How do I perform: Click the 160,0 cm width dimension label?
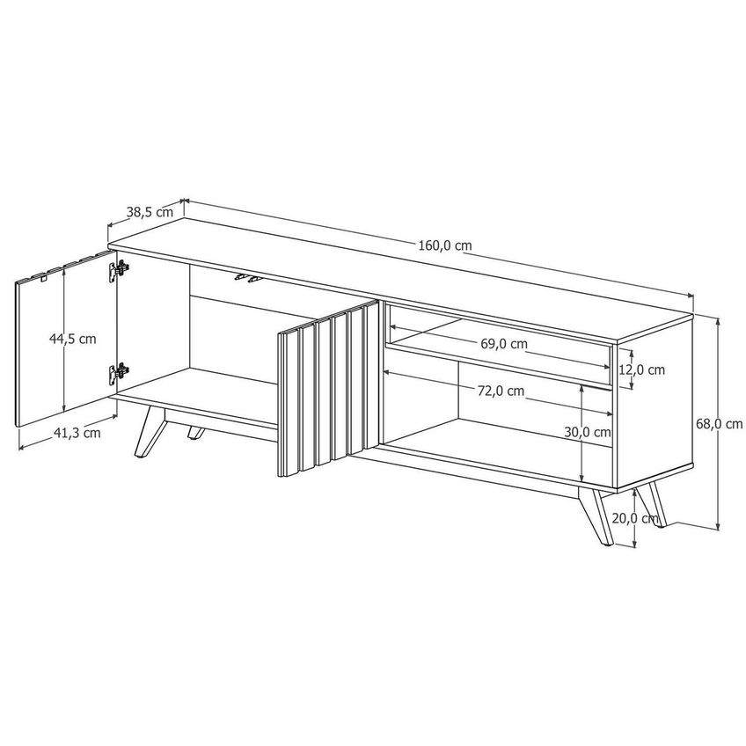pyautogui.click(x=445, y=245)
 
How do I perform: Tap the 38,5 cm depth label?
pyautogui.click(x=150, y=212)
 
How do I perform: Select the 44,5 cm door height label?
pyautogui.click(x=73, y=339)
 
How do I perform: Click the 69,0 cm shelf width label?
pyautogui.click(x=504, y=343)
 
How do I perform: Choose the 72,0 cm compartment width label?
pyautogui.click(x=501, y=391)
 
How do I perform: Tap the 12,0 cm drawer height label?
pyautogui.click(x=642, y=369)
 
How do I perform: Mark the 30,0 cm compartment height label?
pyautogui.click(x=588, y=432)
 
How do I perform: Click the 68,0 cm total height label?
pyautogui.click(x=720, y=424)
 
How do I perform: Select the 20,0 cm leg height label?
pyautogui.click(x=635, y=518)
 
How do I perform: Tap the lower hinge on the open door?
pyautogui.click(x=118, y=374)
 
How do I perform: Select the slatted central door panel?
pyautogui.click(x=328, y=388)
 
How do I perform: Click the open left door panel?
pyautogui.click(x=67, y=339)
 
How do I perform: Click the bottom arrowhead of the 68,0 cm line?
pyautogui.click(x=718, y=526)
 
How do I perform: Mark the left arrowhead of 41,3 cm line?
pyautogui.click(x=21, y=447)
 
